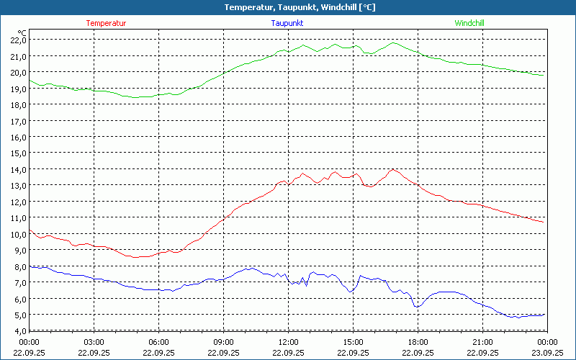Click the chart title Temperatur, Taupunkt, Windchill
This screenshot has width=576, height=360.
coord(288,7)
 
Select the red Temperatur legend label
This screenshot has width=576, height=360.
coord(106,23)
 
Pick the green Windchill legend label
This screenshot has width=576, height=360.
coord(469,23)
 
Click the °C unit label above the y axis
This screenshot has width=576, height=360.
coord(22,32)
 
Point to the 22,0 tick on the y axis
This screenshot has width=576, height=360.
coord(18,40)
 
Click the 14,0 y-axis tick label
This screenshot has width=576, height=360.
coord(18,169)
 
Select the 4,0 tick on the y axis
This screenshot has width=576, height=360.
coord(18,331)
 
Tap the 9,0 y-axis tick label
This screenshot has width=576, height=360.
coord(18,251)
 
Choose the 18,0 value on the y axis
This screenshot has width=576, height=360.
coord(18,104)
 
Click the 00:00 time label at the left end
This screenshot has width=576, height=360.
coord(29,342)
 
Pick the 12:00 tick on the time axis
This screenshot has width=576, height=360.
coord(288,342)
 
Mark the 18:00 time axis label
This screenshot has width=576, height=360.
coord(418,342)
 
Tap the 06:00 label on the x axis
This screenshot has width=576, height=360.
coord(158,342)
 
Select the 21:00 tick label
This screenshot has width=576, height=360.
coord(482,342)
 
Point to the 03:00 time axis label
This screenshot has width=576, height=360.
coord(94,342)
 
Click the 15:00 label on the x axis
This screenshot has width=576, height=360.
coord(353,342)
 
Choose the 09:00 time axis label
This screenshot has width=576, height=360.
coord(223,342)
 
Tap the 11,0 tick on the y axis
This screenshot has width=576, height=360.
coord(18,218)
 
